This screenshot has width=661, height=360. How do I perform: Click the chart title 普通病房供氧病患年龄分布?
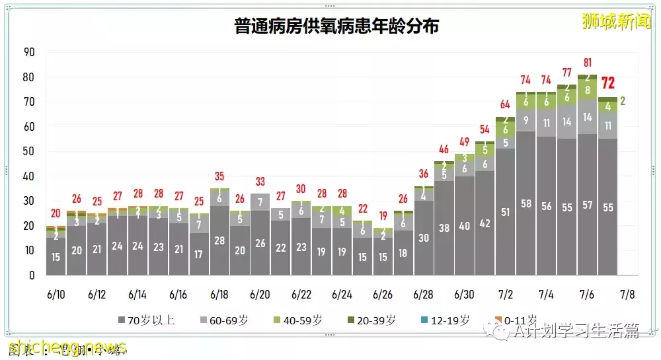pyautogui.click(x=336, y=26)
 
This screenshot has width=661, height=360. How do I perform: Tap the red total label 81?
pyautogui.click(x=587, y=63)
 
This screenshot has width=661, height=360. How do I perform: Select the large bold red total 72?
pyautogui.click(x=607, y=83)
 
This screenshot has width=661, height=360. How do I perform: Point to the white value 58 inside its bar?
pyautogui.click(x=525, y=204)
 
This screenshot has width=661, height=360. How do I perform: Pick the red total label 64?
pyautogui.click(x=505, y=104)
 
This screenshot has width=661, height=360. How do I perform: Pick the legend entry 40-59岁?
pyautogui.click(x=299, y=321)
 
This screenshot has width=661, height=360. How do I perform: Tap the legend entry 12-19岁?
pyautogui.click(x=446, y=321)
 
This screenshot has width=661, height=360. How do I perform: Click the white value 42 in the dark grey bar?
pyautogui.click(x=485, y=223)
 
